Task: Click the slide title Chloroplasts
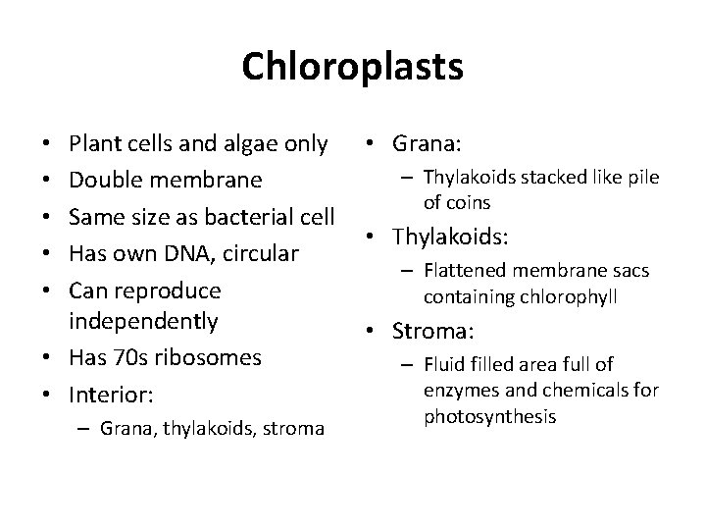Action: click(x=352, y=68)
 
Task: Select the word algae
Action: click(x=247, y=144)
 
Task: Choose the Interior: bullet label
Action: click(x=110, y=395)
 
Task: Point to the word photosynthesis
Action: click(x=490, y=417)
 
